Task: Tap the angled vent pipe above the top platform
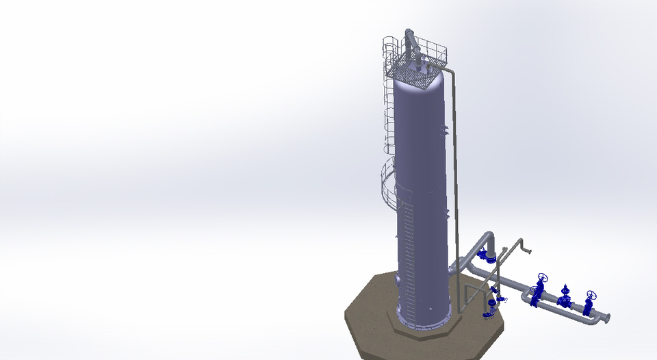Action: (411, 45)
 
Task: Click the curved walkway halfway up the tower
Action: (388, 185)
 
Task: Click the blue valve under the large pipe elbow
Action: (487, 257)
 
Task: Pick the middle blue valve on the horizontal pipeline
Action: (565, 297)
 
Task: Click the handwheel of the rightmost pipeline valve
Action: (591, 296)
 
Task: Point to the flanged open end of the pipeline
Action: (606, 318)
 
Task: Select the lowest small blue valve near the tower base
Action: (489, 313)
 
